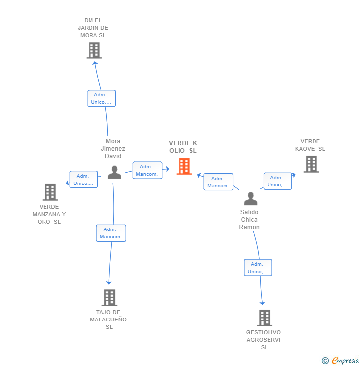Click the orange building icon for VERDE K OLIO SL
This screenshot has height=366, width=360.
click(x=184, y=166)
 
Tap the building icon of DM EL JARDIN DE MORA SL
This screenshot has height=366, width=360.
click(x=94, y=50)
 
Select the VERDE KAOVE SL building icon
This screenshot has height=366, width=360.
click(x=311, y=164)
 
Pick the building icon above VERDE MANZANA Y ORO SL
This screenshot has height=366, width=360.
click(x=50, y=192)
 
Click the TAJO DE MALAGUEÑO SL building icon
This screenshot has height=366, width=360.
click(x=109, y=298)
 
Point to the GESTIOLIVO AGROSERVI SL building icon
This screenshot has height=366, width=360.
click(x=265, y=318)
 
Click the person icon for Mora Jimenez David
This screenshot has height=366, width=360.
click(x=114, y=172)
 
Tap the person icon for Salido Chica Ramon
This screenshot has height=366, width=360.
click(x=251, y=199)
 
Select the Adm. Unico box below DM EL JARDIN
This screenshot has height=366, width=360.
click(x=101, y=98)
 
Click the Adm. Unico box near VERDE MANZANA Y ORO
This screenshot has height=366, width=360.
click(x=84, y=180)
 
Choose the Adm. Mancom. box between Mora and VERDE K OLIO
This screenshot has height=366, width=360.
click(x=147, y=170)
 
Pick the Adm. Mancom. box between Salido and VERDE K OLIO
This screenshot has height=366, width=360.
click(x=218, y=182)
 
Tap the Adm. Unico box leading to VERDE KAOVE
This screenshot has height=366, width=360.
click(x=277, y=181)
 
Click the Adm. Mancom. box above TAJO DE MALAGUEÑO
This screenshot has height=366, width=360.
click(x=111, y=233)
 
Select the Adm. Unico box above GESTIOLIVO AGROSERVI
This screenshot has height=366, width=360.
click(x=258, y=268)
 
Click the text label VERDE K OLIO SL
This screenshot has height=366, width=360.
click(x=183, y=147)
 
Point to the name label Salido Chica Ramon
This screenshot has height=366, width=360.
click(x=249, y=220)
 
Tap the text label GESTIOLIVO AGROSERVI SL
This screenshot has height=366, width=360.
click(x=264, y=340)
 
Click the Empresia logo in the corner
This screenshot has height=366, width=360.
click(x=341, y=361)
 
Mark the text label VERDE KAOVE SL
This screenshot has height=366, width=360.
click(x=310, y=145)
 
